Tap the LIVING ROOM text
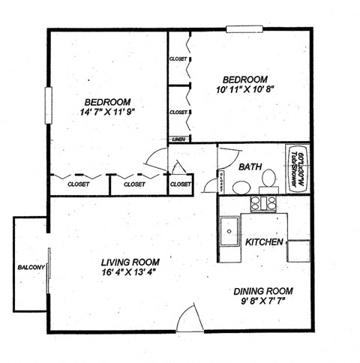(x=131, y=262)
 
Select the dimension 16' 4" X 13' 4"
(x=131, y=273)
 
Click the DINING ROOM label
(x=263, y=291)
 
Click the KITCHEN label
(x=264, y=243)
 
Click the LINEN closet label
(x=178, y=139)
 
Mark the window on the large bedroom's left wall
(x=49, y=105)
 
